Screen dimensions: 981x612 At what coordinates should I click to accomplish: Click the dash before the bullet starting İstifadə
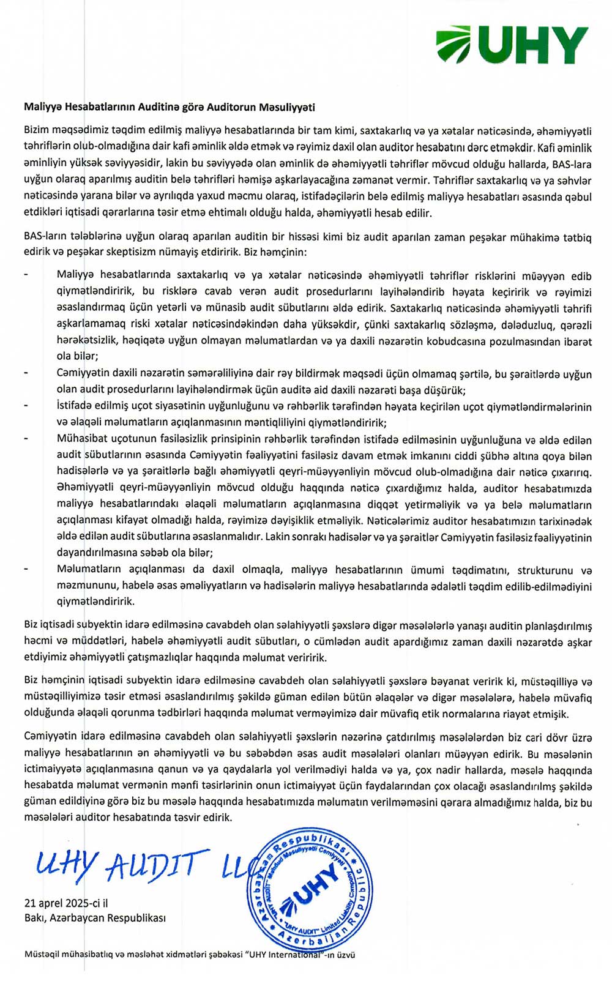26,406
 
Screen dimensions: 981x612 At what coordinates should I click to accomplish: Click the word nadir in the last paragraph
463,770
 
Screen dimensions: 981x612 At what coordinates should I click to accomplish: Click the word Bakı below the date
35,918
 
